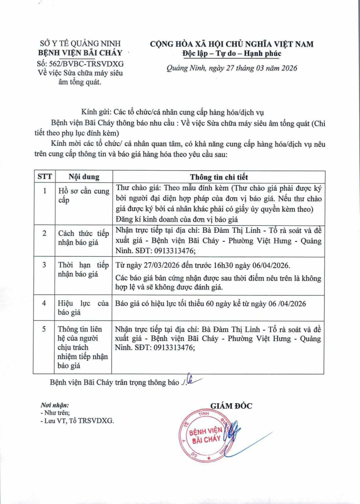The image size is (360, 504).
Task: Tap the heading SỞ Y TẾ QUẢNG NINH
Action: point(81,44)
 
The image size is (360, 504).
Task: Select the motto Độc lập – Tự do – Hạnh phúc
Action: point(232,54)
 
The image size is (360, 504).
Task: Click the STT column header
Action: point(44,177)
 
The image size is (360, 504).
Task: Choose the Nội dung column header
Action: point(84,177)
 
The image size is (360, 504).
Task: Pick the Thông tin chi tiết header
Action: point(219,177)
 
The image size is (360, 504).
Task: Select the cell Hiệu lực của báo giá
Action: point(84,308)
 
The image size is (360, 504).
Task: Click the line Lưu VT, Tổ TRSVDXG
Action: point(77,420)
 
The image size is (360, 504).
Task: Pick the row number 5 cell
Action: point(44,329)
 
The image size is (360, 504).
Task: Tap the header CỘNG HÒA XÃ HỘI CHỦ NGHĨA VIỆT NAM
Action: point(232,44)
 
